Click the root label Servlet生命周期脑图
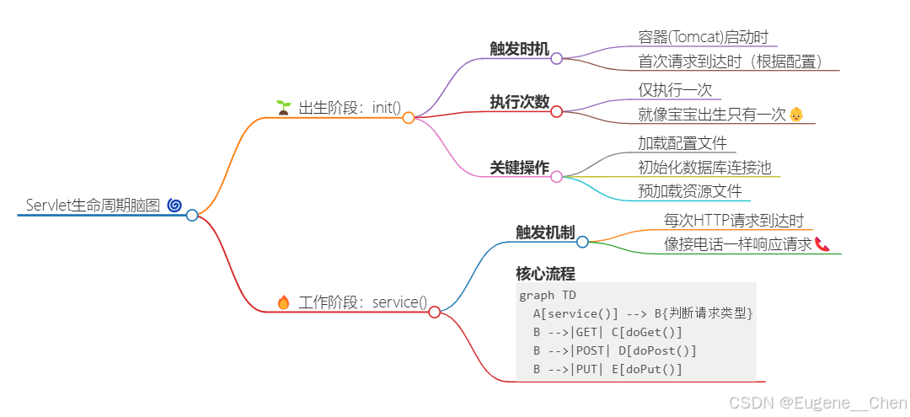pyautogui.click(x=93, y=205)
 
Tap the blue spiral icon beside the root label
pyautogui.click(x=174, y=205)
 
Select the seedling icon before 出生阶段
pyautogui.click(x=283, y=107)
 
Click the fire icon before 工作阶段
pyautogui.click(x=283, y=302)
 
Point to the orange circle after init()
pyautogui.click(x=409, y=118)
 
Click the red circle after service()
pyautogui.click(x=435, y=312)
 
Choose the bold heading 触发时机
pyautogui.click(x=520, y=48)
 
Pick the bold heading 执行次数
pyautogui.click(x=520, y=102)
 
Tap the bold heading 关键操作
pyautogui.click(x=520, y=168)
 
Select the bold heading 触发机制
pyautogui.click(x=545, y=232)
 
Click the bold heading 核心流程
pyautogui.click(x=545, y=274)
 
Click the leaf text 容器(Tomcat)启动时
pyautogui.click(x=704, y=36)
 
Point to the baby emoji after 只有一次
pyautogui.click(x=796, y=114)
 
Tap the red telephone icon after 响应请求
pyautogui.click(x=822, y=244)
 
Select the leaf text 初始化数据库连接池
pyautogui.click(x=704, y=167)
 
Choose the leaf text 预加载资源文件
pyautogui.click(x=690, y=190)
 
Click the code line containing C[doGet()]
pyautogui.click(x=608, y=332)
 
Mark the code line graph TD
pyautogui.click(x=549, y=295)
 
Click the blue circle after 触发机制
pyautogui.click(x=582, y=242)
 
